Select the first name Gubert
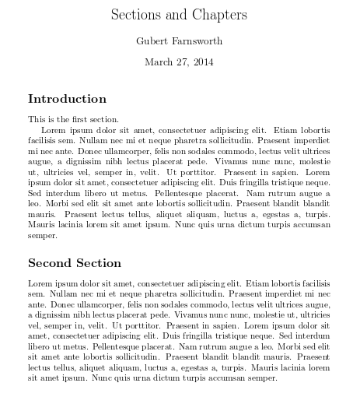152,41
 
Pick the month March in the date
161,62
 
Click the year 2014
204,62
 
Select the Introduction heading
67,99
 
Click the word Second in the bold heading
51,262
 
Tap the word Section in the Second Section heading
99,262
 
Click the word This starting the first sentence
36,119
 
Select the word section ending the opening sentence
102,119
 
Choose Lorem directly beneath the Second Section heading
39,283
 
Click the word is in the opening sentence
51,119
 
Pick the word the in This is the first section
61,119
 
